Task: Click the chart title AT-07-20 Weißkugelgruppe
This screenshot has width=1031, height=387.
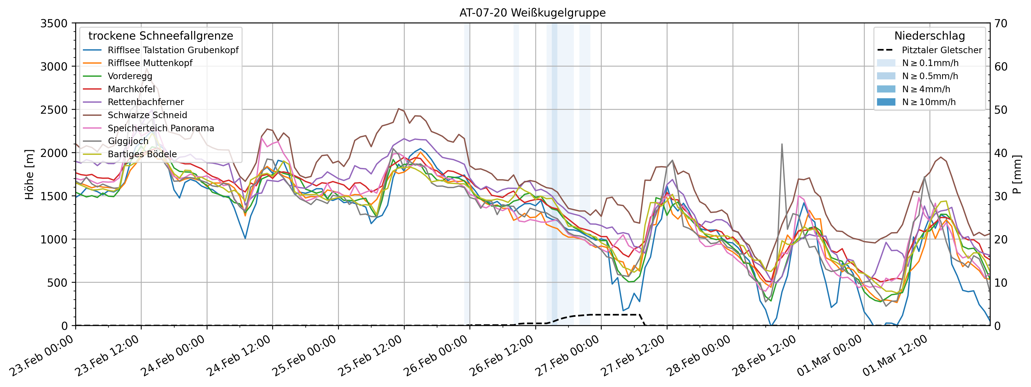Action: coord(532,13)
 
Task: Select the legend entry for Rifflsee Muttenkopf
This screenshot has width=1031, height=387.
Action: coord(150,63)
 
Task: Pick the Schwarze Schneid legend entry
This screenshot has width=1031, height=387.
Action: coord(147,115)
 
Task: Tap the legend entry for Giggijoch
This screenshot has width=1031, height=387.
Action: coord(128,141)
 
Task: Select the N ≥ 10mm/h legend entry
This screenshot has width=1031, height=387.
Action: coord(928,102)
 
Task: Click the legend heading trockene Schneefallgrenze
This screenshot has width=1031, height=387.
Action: coord(161,36)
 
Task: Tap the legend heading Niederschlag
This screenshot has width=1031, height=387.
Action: coord(929,36)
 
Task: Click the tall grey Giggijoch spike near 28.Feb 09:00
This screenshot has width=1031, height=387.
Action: coord(782,145)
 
